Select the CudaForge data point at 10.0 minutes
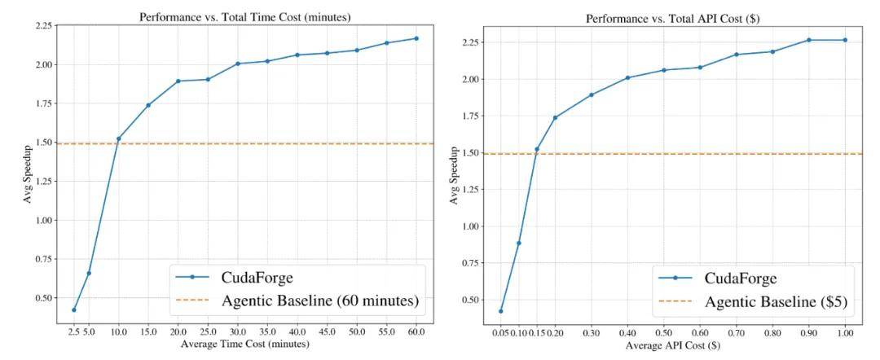pyautogui.click(x=118, y=138)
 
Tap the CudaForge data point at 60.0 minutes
pyautogui.click(x=416, y=38)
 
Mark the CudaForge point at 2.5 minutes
pyautogui.click(x=73, y=310)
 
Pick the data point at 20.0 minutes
pyautogui.click(x=178, y=81)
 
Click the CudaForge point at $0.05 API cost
pyautogui.click(x=500, y=311)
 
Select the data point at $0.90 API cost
pyautogui.click(x=809, y=40)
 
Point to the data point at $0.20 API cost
pyautogui.click(x=555, y=117)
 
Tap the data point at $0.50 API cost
pyautogui.click(x=664, y=70)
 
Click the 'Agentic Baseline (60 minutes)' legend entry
pyautogui.click(x=319, y=301)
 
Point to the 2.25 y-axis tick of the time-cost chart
pyautogui.click(x=42, y=26)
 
